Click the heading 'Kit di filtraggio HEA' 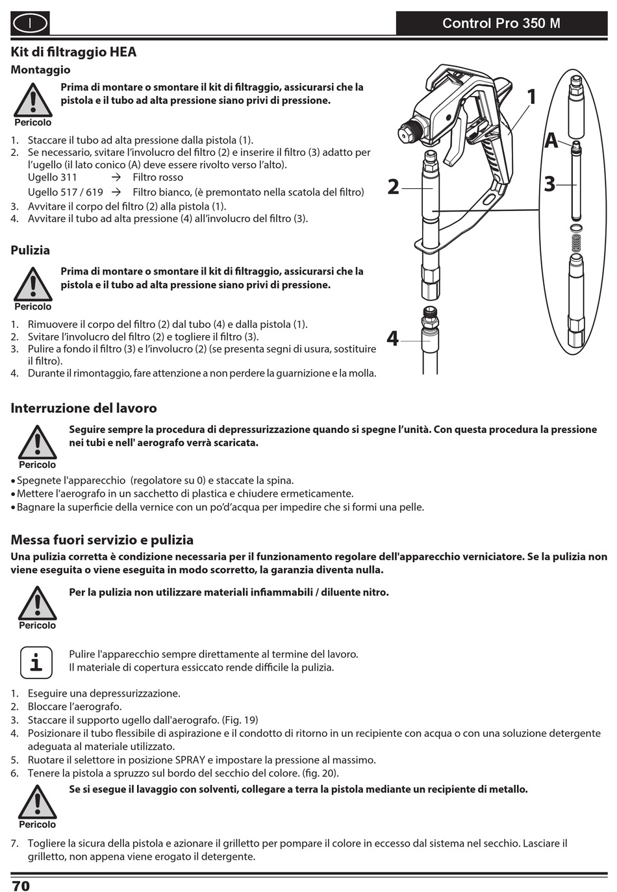73,52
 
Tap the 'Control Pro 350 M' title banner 501,23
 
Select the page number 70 21,886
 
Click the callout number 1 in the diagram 531,97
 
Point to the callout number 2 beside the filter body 393,187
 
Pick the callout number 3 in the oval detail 549,184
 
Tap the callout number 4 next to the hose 392,338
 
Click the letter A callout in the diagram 551,140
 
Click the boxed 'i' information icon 36,662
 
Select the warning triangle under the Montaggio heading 32,101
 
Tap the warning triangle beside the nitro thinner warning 37,604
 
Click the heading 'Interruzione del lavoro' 84,408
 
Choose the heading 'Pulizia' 30,250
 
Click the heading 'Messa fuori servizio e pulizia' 102,540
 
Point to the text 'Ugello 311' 52,177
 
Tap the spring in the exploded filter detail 575,243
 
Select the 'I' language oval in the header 30,24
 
